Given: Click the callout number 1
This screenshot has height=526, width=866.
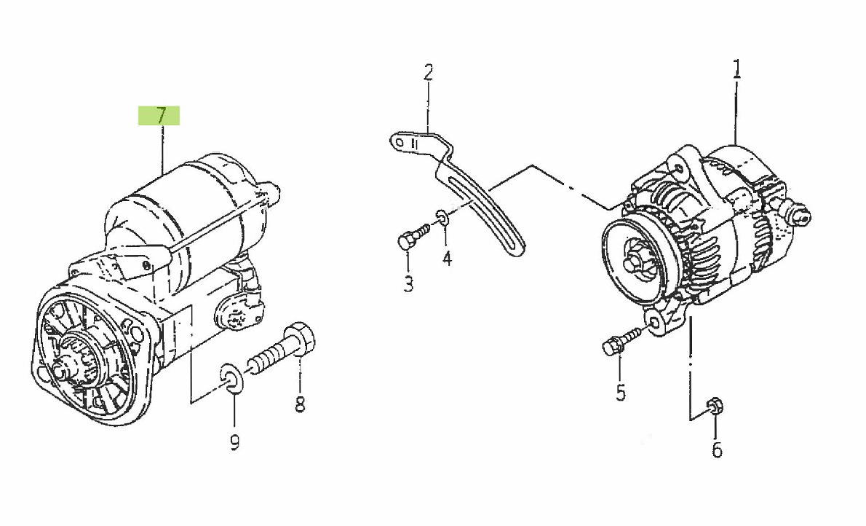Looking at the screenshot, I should tap(736, 69).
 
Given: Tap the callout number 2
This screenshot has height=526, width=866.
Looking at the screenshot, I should tap(428, 72).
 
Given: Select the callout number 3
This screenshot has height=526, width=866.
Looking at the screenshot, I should tap(408, 283).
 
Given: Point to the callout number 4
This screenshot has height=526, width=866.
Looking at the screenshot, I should tap(447, 258).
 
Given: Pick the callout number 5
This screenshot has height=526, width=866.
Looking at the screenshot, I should tap(620, 393).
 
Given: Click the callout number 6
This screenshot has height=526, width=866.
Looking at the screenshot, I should tap(717, 450).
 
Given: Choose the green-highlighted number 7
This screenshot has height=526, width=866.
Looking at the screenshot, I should tap(160, 115).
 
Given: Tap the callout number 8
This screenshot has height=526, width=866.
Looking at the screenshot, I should tap(300, 404).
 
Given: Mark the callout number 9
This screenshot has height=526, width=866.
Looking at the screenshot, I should tap(234, 441).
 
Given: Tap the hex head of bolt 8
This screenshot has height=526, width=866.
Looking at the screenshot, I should tap(301, 340).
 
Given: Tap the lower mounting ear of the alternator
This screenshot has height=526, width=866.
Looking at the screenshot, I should tap(657, 323).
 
